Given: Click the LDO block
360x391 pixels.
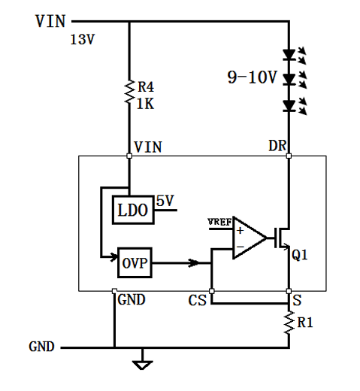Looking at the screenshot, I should [x=132, y=211].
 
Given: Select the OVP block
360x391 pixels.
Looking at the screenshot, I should [x=134, y=263].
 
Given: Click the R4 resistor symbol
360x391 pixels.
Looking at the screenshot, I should [x=129, y=93].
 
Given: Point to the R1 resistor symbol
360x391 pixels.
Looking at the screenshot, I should [x=289, y=322].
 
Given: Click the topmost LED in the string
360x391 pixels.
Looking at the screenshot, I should [x=289, y=55].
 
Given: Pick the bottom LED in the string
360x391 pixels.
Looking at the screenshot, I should [x=289, y=106].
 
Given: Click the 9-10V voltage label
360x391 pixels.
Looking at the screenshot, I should [x=253, y=77].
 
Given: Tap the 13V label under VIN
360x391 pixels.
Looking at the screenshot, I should [x=82, y=40].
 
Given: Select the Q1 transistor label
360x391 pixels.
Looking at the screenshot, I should [x=300, y=256].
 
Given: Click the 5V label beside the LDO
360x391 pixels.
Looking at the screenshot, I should [x=165, y=201].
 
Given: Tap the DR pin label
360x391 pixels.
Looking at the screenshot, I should [x=278, y=146].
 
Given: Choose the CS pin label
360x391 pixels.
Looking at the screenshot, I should [x=198, y=301].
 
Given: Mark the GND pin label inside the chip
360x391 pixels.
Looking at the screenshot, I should [x=132, y=299].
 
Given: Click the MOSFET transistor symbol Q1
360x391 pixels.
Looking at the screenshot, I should [x=283, y=238].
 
